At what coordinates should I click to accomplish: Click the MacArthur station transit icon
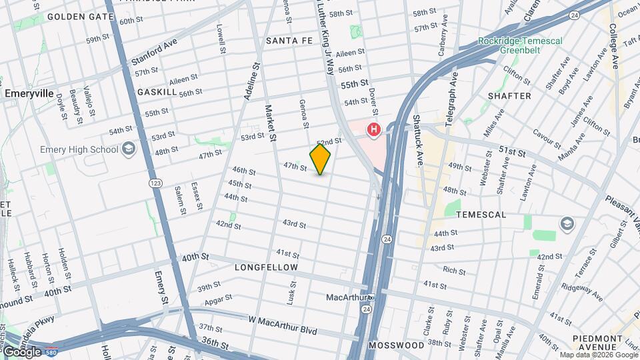(372, 297)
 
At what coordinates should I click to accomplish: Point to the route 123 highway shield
(156, 183)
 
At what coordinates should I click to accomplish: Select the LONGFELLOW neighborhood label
(267, 267)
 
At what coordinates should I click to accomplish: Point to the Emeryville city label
(29, 94)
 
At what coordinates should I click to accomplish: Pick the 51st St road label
(513, 152)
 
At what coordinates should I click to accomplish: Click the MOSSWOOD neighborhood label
(396, 345)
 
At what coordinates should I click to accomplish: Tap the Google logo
(22, 351)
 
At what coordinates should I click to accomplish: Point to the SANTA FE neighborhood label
(289, 41)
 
